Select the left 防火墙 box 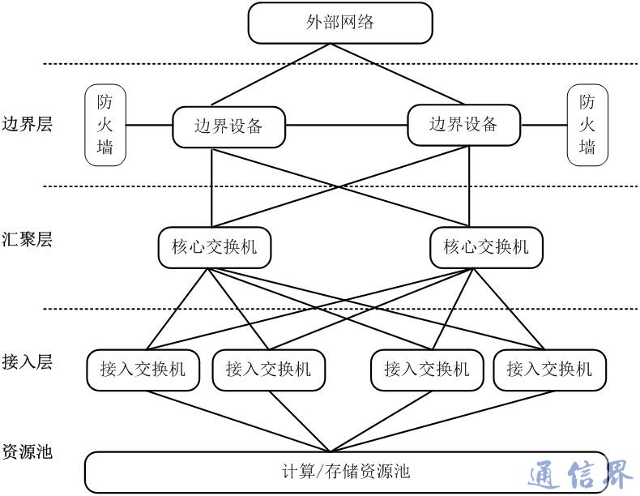(105, 125)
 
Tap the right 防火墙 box (587, 125)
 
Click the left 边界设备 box (229, 126)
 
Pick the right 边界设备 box (463, 125)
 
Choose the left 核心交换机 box (214, 246)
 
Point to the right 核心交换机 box (486, 246)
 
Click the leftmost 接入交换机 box (137, 370)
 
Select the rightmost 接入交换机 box (549, 370)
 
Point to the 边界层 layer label (27, 125)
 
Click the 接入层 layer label (27, 362)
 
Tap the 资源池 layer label (27, 451)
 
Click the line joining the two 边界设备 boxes (346, 126)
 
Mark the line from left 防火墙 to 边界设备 (149, 126)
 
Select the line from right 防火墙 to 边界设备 (544, 126)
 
